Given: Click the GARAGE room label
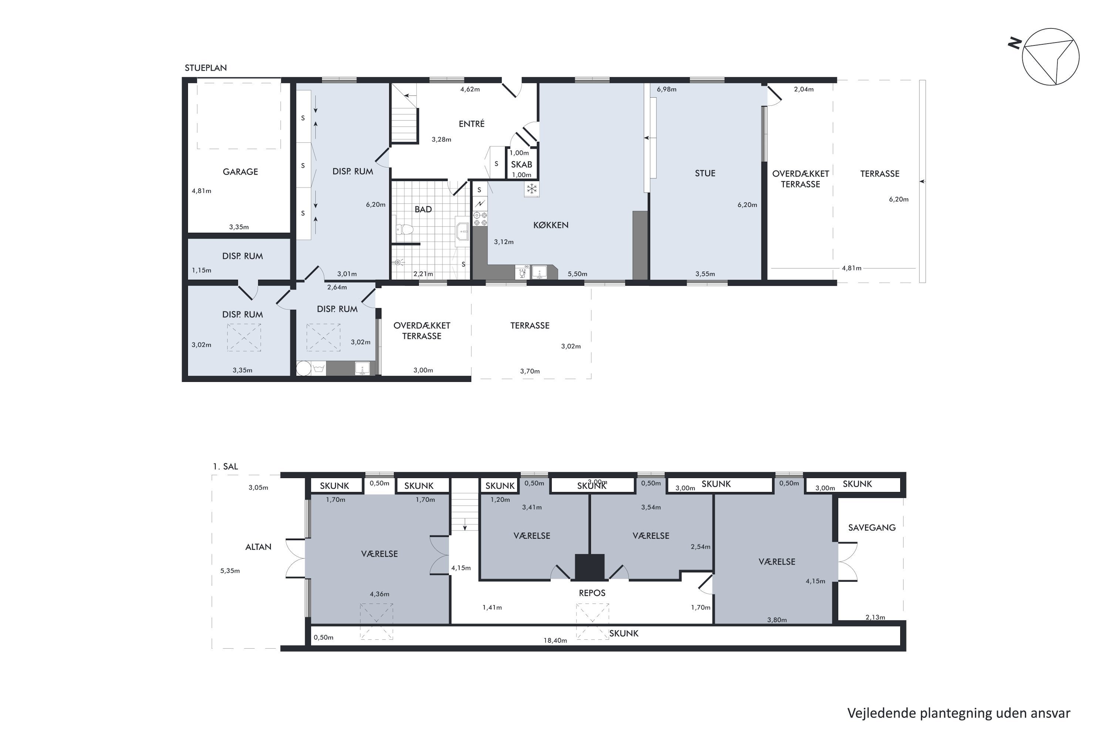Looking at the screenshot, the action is [x=240, y=172].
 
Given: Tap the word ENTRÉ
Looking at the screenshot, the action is [x=471, y=124].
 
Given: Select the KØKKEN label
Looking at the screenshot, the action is [x=551, y=225].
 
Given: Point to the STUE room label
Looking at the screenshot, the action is [x=705, y=173].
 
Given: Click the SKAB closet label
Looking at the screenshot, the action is [x=521, y=164].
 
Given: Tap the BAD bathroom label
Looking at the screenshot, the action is [x=423, y=209].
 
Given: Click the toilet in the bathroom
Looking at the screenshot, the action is [x=404, y=230].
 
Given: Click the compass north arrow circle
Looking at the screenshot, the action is [x=1050, y=57].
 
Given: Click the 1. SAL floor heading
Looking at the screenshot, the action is [x=225, y=466].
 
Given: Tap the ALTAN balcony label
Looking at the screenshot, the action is [x=258, y=547].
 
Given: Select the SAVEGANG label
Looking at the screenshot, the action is [x=872, y=528].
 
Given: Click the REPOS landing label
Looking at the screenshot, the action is [x=592, y=593].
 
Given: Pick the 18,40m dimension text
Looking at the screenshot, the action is [x=555, y=640].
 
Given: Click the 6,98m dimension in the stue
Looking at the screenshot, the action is [x=666, y=89].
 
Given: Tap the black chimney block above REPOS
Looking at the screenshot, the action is [x=589, y=567].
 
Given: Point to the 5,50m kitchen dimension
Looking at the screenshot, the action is [x=577, y=274].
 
